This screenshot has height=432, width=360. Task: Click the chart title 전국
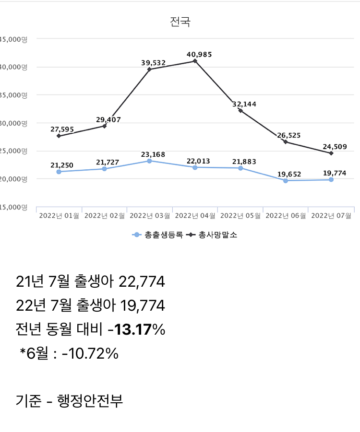point(180,23)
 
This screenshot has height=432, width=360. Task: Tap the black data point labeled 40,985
point(195,61)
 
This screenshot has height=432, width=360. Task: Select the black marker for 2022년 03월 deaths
point(149,69)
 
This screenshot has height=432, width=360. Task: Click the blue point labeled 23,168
point(149,161)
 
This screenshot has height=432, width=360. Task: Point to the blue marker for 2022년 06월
point(286,181)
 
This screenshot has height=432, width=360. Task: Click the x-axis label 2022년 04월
point(195,216)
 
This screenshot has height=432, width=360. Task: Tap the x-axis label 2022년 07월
point(331,216)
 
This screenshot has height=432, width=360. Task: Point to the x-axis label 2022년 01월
point(59,216)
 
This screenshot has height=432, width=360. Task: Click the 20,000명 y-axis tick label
point(13,179)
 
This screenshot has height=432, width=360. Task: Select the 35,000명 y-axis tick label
point(13,95)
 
